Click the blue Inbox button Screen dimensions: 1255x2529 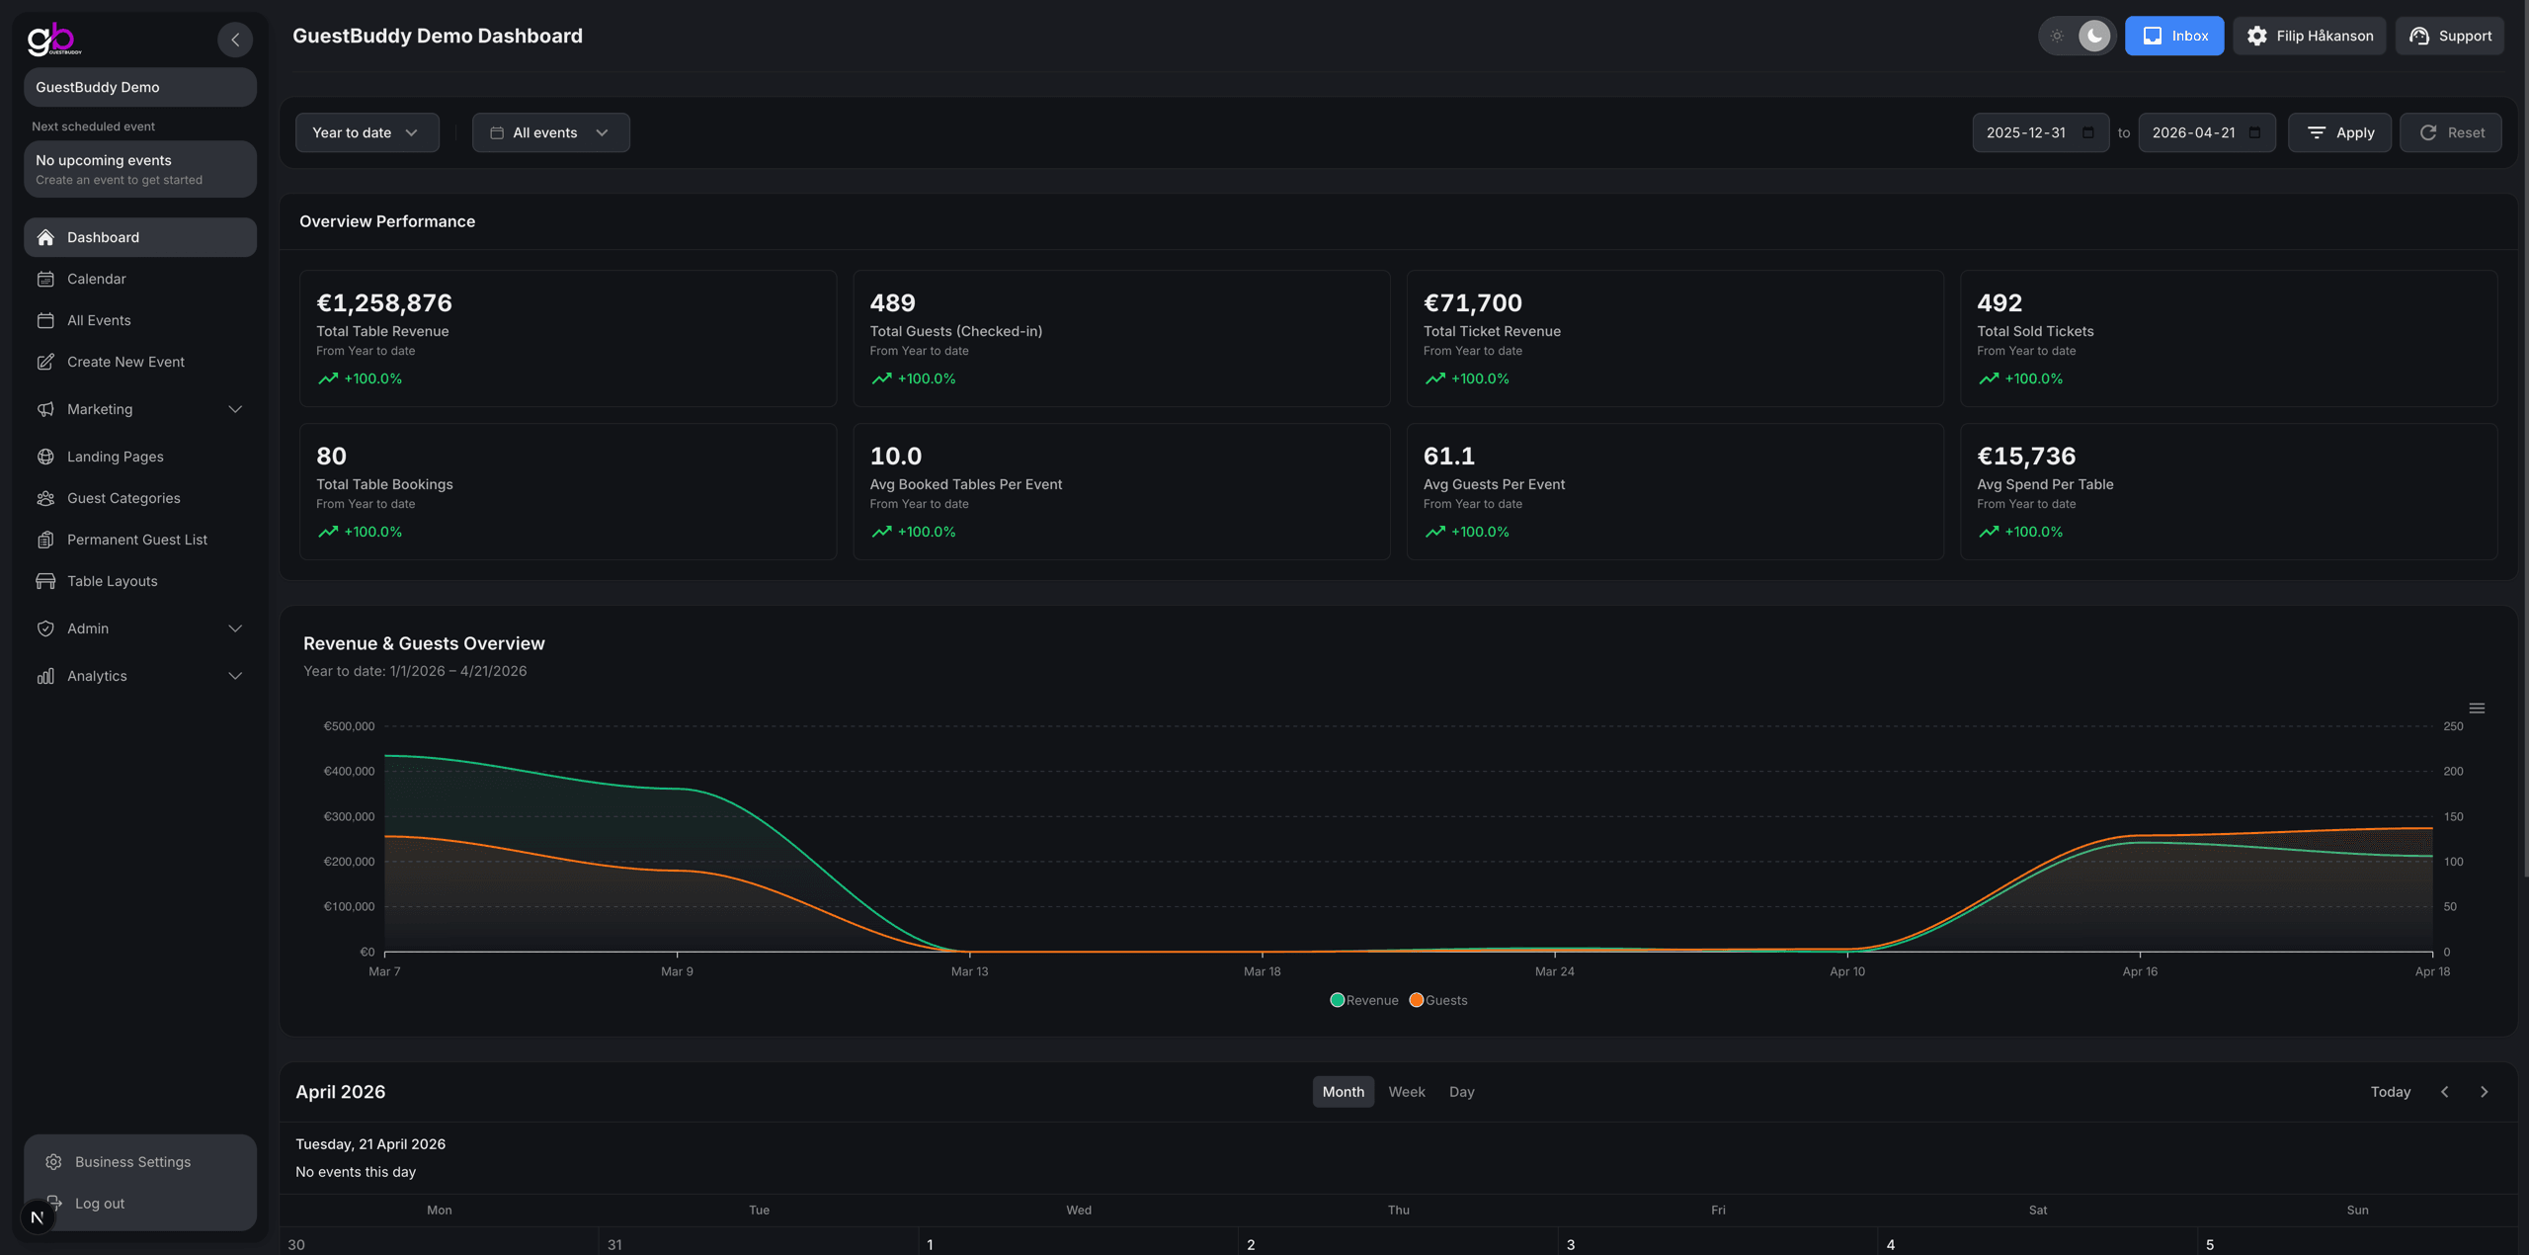tap(2173, 36)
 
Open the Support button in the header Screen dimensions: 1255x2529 tap(2449, 36)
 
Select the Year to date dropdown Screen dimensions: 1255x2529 tap(367, 132)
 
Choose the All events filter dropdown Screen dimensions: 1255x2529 tap(550, 132)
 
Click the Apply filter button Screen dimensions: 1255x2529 tap(2338, 132)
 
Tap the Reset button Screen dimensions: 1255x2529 tap(2450, 132)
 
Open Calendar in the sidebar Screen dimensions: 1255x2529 tap(97, 279)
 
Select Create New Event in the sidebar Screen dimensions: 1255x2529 tap(125, 362)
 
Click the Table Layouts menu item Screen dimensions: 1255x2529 tap(112, 581)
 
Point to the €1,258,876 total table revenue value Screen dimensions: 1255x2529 tap(384, 302)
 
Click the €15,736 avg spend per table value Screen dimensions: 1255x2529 tap(2025, 456)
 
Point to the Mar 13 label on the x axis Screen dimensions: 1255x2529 tap(969, 971)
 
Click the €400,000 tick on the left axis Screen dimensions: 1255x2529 tap(349, 771)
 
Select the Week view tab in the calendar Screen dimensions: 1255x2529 tap(1406, 1092)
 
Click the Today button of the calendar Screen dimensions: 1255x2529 tap(2390, 1092)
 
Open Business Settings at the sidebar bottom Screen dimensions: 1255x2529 tap(132, 1162)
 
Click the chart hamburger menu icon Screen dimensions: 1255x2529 tap(2476, 709)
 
